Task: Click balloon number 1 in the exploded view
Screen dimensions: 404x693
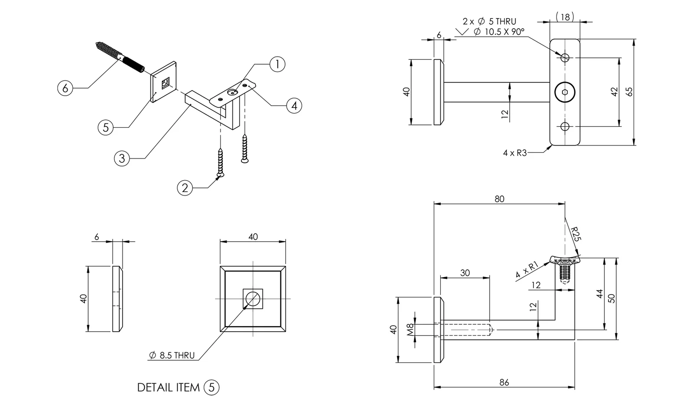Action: [277, 65]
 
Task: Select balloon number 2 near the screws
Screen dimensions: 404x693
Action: [185, 188]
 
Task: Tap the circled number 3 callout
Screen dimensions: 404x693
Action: [122, 158]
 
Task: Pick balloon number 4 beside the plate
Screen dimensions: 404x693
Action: [294, 105]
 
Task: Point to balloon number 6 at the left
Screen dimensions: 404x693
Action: [65, 88]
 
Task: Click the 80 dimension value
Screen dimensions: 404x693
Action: [499, 199]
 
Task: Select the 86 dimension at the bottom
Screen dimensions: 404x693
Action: [504, 382]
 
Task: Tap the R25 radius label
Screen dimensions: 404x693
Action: [576, 234]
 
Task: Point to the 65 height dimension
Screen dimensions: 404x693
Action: [629, 92]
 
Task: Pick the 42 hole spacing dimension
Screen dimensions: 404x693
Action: [614, 92]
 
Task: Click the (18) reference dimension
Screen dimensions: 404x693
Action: [565, 17]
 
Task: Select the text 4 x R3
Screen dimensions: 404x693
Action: [515, 153]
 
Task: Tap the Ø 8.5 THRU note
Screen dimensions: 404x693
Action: [172, 356]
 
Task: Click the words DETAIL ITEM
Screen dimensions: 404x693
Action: [168, 387]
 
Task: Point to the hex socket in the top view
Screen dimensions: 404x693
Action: [565, 92]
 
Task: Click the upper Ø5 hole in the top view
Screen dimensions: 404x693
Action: [565, 58]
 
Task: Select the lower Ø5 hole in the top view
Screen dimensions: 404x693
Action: [565, 126]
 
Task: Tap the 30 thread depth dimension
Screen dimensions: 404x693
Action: [465, 273]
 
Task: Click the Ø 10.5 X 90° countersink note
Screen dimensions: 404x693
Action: [499, 32]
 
